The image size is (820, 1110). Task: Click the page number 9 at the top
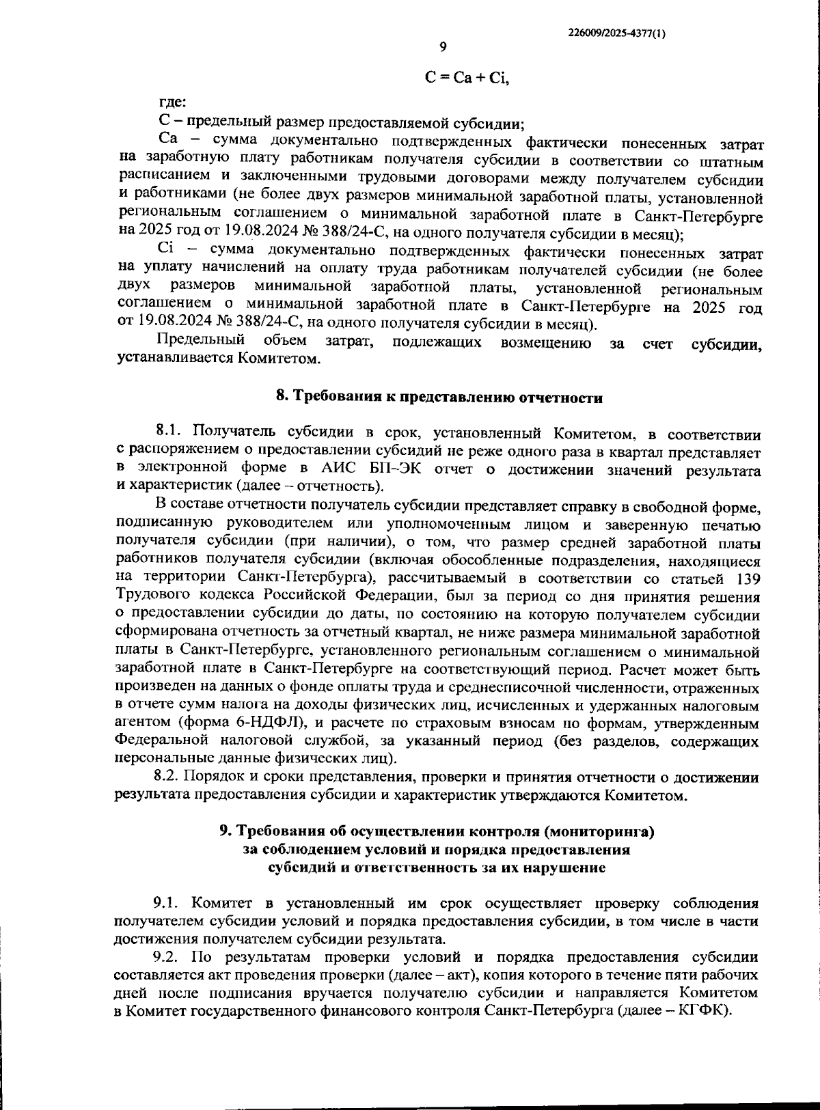click(x=443, y=47)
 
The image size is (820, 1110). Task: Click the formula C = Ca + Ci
click(x=467, y=78)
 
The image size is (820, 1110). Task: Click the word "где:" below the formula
click(x=172, y=102)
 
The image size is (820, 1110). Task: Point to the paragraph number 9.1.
click(x=167, y=903)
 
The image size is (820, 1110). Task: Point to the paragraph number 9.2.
click(x=167, y=957)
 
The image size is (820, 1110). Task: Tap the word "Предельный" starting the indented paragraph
click(x=200, y=340)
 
